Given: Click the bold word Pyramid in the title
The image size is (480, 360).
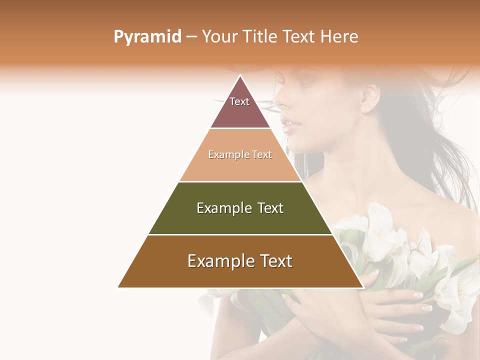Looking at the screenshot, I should pos(147,37).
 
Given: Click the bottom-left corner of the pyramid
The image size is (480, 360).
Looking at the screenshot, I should pos(119,287).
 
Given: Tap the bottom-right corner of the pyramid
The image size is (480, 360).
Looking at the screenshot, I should pos(362,287).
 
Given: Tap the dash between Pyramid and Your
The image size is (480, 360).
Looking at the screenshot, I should pos(191,37).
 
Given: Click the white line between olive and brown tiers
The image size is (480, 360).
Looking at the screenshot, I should pos(240,234).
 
